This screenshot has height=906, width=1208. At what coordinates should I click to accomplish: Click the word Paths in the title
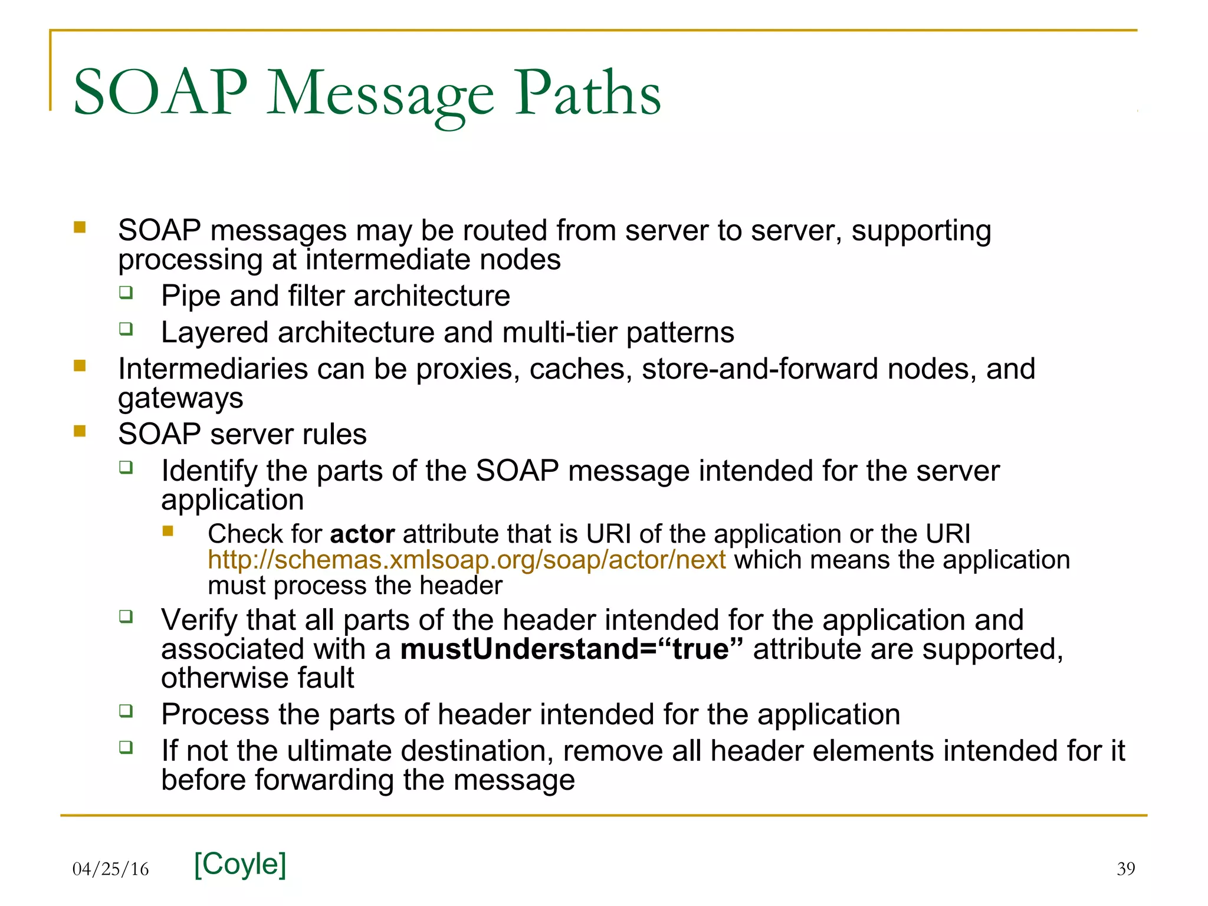pos(587,93)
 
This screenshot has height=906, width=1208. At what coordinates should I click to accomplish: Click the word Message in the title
pos(380,94)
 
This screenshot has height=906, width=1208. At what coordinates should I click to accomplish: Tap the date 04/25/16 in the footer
pos(110,869)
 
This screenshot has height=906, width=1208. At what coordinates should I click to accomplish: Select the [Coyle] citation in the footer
pos(240,864)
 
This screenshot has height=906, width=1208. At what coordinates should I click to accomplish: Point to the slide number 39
pos(1125,869)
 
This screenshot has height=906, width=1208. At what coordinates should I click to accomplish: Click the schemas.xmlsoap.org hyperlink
pos(467,560)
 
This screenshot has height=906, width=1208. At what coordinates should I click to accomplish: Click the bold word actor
pos(362,534)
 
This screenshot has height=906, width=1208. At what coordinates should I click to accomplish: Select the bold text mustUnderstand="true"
pos(571,649)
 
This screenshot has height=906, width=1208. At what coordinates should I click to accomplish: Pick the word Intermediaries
pos(212,369)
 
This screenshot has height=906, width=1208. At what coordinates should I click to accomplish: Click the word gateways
pos(180,399)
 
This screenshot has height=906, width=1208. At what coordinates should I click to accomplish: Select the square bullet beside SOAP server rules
pos(80,432)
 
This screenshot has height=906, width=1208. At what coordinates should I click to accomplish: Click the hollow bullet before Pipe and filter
pos(126,293)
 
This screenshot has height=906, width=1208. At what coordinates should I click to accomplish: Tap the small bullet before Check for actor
pos(168,531)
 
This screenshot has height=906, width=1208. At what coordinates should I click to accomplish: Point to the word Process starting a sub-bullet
pos(215,715)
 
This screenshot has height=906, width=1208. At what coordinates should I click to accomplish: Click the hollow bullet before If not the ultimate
pos(126,748)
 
